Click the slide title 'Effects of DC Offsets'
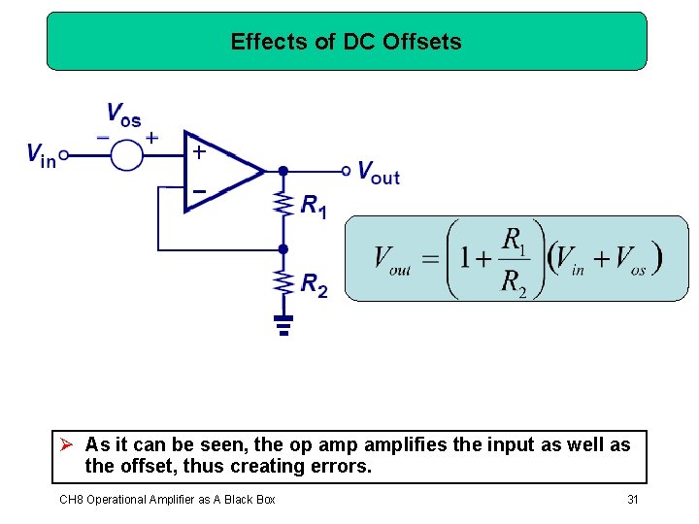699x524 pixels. click(x=347, y=42)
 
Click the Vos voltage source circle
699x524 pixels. click(x=126, y=154)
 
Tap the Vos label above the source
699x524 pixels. click(x=123, y=116)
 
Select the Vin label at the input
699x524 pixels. click(x=41, y=154)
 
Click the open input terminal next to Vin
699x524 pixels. click(x=64, y=154)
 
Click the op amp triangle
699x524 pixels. click(x=221, y=171)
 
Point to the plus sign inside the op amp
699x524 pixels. click(x=198, y=152)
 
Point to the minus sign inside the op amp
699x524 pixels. click(x=198, y=191)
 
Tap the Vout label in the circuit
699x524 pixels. click(x=379, y=173)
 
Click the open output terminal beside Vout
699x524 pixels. click(x=347, y=171)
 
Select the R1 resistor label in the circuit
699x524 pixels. click(x=314, y=206)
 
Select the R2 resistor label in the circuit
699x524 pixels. click(x=314, y=284)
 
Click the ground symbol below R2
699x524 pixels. click(x=283, y=323)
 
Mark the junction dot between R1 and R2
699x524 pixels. click(x=283, y=248)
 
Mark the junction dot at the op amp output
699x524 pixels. click(x=283, y=171)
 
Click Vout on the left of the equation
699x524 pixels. click(x=392, y=260)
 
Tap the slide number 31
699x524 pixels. click(x=632, y=499)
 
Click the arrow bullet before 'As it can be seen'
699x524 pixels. click(x=66, y=445)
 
